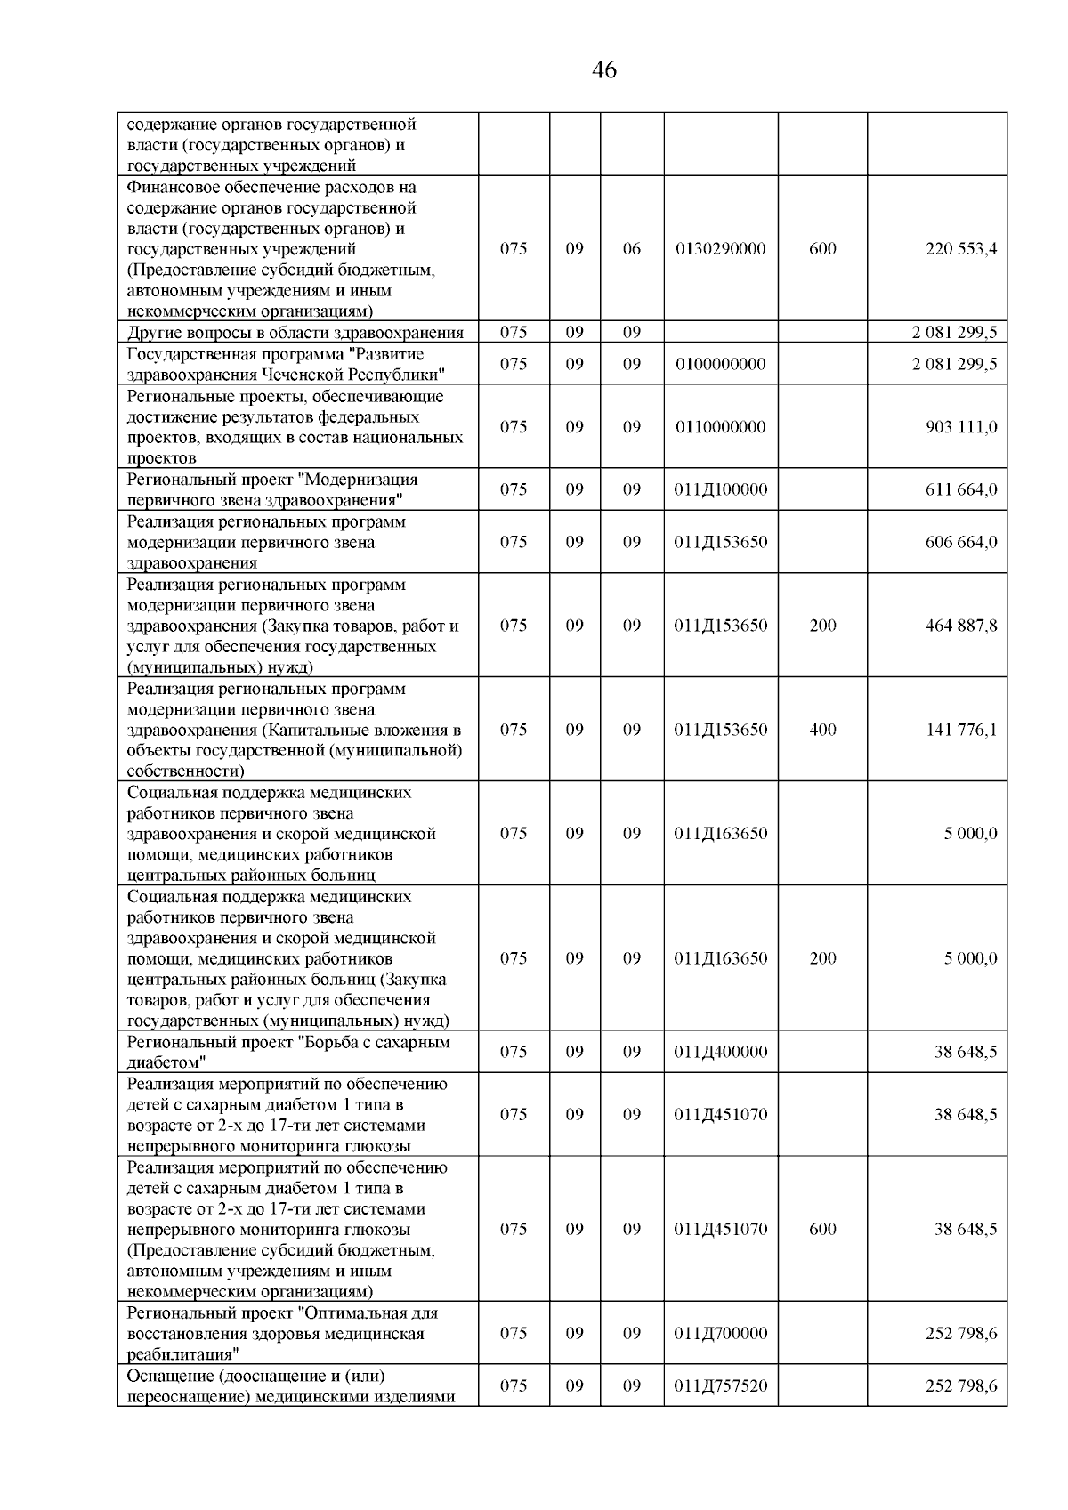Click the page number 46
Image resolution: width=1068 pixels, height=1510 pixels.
tap(603, 70)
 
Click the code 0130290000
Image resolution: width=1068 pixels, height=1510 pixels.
tap(721, 249)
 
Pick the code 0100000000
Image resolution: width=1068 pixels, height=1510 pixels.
tap(721, 364)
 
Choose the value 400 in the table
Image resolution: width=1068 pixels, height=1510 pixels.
tap(822, 730)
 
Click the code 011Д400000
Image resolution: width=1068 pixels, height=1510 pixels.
tap(721, 1052)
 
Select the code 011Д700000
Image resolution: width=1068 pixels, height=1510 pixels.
tap(721, 1333)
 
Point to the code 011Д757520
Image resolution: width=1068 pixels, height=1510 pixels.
tap(721, 1385)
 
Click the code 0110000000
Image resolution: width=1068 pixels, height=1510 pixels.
tap(721, 427)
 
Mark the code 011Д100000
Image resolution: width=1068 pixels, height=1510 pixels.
tap(721, 489)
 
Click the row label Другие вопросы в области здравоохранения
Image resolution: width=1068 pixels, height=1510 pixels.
tap(295, 333)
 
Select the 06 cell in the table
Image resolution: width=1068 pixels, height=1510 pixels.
tap(631, 249)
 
